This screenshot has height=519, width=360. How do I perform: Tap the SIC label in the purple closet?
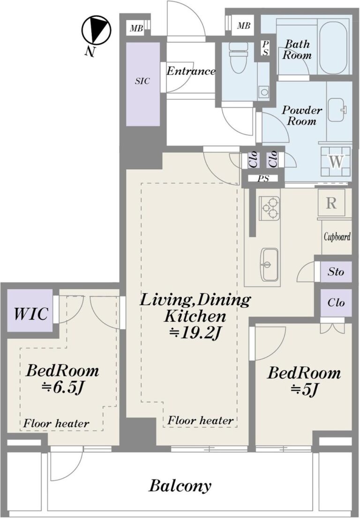point(142,81)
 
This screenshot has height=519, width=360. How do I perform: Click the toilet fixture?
point(238,57)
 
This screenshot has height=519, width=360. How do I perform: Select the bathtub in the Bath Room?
point(333,47)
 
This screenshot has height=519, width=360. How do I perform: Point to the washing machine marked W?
point(336,162)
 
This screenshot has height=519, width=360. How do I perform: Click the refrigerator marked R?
point(331,203)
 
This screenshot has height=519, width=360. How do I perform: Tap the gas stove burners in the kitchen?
point(269,208)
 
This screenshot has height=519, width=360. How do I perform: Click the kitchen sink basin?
point(269,264)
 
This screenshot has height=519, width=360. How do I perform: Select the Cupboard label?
point(337,237)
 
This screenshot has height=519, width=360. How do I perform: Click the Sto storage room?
point(336,272)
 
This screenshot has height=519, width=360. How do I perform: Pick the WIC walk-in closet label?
point(31,314)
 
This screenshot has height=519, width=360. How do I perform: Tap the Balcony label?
point(180,486)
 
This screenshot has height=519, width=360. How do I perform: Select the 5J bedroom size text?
point(304,389)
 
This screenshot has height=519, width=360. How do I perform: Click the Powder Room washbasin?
point(337,110)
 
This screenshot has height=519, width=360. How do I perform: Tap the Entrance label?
point(191,71)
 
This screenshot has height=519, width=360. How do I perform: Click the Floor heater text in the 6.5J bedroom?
point(56,423)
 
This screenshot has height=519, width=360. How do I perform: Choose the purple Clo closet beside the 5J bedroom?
point(336,303)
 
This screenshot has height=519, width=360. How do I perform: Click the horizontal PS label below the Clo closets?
point(263,179)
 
